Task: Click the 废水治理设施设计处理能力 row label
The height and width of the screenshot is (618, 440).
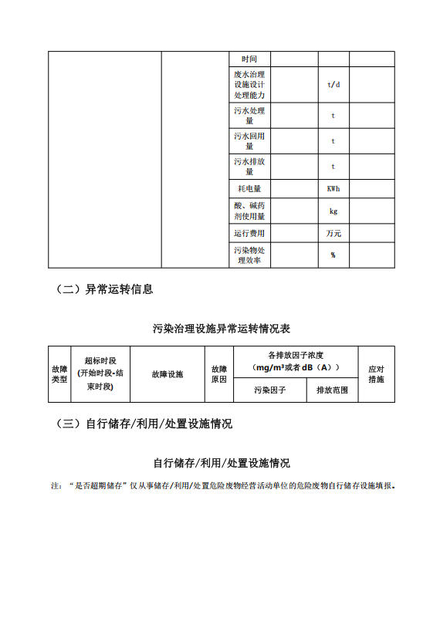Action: pos(249,84)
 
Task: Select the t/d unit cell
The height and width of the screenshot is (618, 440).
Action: pos(333,84)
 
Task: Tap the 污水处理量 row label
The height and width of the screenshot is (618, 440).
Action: pos(249,116)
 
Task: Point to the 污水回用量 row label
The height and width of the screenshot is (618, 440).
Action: pos(249,141)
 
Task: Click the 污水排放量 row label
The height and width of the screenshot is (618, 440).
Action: pos(249,167)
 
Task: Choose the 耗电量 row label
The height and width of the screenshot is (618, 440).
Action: pos(249,189)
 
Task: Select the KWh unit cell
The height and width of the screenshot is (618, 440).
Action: pos(333,189)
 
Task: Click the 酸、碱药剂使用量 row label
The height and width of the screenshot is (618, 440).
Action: pos(249,211)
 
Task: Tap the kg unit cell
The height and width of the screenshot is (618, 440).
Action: pos(333,211)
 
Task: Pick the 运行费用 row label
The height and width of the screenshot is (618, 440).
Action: pos(249,234)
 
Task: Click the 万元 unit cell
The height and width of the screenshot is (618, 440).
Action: pos(333,234)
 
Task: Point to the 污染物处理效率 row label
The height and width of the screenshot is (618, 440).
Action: pos(249,255)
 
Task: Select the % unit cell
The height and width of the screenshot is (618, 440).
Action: pos(333,255)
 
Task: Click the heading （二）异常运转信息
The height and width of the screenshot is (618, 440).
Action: pos(104,289)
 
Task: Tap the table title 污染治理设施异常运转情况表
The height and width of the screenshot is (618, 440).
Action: pos(222,329)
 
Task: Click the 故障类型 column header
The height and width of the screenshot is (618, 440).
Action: pos(59,374)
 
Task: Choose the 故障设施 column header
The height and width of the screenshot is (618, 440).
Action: pos(168,374)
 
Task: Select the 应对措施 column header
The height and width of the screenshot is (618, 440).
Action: pos(376,374)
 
